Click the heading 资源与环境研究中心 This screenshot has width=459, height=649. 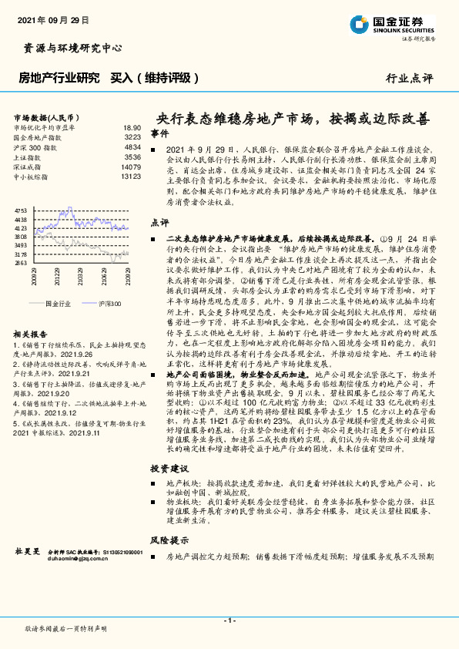pos(69,48)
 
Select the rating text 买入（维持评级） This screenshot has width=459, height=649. pos(155,78)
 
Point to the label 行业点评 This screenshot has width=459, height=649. pos(409,79)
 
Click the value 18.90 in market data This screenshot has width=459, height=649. pos(132,127)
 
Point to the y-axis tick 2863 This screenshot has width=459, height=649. pos(21,263)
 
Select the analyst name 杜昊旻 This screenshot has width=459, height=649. pos(28,552)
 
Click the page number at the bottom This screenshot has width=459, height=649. pos(229,620)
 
